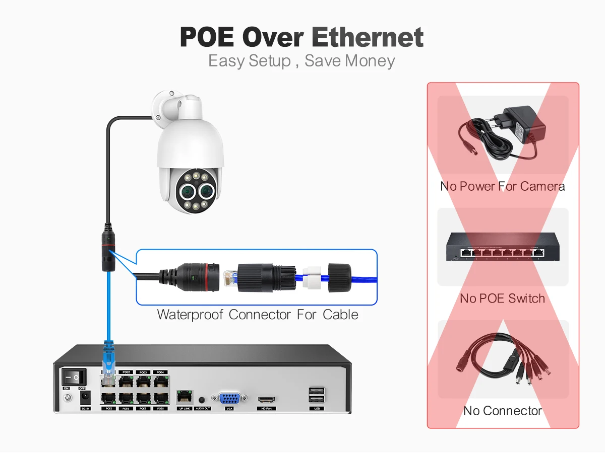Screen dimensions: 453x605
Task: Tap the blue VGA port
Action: [229, 398]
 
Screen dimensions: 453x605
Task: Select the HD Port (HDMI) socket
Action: [266, 400]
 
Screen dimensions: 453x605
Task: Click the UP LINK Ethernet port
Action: [184, 397]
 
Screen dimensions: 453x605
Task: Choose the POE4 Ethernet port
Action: [161, 381]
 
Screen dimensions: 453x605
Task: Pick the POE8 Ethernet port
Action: [161, 398]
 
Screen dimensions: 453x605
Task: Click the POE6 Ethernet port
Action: [126, 398]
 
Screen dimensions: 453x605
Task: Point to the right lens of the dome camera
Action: [207, 191]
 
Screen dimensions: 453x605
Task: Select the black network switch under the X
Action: [503, 247]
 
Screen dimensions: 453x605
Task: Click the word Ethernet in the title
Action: [367, 37]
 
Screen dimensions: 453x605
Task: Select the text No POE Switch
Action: [502, 298]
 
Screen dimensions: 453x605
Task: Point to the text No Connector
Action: [502, 411]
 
